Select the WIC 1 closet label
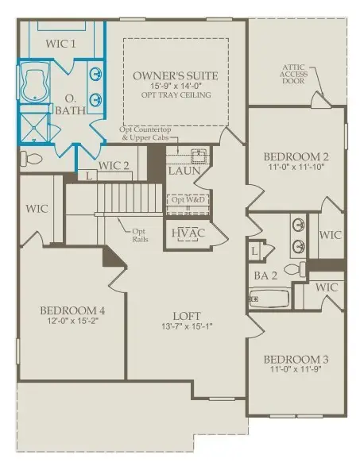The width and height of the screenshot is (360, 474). pos(60,43)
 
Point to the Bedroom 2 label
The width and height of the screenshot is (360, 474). pos(296,157)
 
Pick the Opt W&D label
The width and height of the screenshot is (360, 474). pos(188,199)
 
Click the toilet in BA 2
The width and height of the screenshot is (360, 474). pos(292,271)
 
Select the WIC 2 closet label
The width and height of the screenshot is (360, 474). pos(114,166)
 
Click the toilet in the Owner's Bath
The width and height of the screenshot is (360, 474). pos(31,160)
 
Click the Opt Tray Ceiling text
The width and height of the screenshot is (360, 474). pos(176,94)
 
